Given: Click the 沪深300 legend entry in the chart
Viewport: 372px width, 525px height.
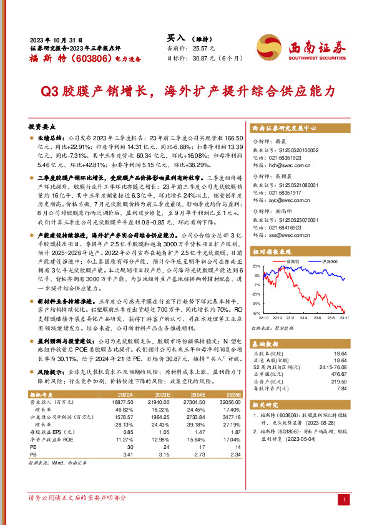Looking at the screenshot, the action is (329, 261).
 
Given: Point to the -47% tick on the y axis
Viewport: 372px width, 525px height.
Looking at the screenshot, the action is (256, 313).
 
